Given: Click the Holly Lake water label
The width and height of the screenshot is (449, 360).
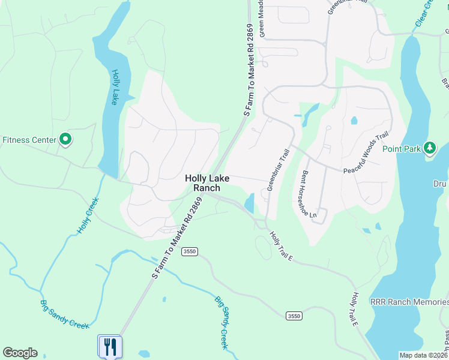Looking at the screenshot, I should click(115, 88).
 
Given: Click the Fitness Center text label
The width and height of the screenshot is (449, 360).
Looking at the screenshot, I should click(29, 140).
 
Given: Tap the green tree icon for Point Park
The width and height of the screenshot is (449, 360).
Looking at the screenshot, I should click(429, 148).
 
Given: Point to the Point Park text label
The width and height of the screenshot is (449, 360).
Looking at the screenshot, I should click(402, 149).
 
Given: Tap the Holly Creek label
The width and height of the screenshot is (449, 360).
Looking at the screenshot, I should click(88, 217).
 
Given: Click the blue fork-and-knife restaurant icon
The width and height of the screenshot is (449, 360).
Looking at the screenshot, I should click(110, 346).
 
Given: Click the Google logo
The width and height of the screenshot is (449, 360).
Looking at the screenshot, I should click(20, 353).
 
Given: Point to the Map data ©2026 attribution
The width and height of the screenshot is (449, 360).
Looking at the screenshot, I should click(423, 355).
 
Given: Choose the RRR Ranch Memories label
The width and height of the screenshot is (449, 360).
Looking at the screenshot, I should click(409, 302).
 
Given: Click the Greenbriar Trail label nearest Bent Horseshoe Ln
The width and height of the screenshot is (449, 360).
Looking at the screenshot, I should click(279, 170).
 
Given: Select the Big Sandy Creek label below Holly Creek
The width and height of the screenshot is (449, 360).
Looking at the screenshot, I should click(64, 314).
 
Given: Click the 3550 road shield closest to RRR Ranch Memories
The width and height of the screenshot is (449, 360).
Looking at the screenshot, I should click(294, 316).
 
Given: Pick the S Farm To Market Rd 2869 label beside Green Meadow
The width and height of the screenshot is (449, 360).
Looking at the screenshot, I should click(250, 71).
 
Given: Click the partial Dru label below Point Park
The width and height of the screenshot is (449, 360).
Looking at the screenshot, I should click(441, 184).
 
